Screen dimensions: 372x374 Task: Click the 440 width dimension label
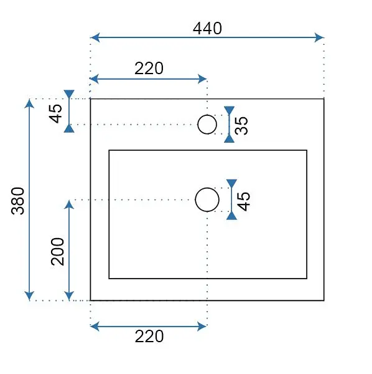click(x=207, y=29)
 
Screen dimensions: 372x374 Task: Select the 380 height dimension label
click(x=18, y=201)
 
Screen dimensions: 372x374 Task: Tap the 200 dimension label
click(x=58, y=251)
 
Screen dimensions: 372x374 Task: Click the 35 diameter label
click(x=241, y=125)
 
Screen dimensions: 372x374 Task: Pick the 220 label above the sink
click(x=149, y=69)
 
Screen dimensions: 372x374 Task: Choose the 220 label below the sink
click(x=149, y=337)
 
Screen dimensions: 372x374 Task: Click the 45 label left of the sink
click(x=55, y=114)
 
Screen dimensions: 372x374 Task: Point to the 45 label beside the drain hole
click(x=243, y=201)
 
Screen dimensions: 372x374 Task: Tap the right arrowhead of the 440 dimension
click(x=319, y=37)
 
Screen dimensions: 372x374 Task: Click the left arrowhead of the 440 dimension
click(x=95, y=37)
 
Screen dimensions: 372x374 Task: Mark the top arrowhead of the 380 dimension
click(x=29, y=103)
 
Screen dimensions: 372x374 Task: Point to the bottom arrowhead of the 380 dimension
click(x=29, y=296)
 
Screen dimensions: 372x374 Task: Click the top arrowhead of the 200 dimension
click(x=69, y=204)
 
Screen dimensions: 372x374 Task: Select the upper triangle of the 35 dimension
click(x=229, y=110)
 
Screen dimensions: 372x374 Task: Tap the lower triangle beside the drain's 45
click(x=231, y=216)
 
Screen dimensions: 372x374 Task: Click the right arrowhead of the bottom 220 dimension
click(x=202, y=326)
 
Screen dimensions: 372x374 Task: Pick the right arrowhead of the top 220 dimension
click(x=202, y=79)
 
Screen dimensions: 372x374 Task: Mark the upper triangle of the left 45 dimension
click(x=69, y=94)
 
